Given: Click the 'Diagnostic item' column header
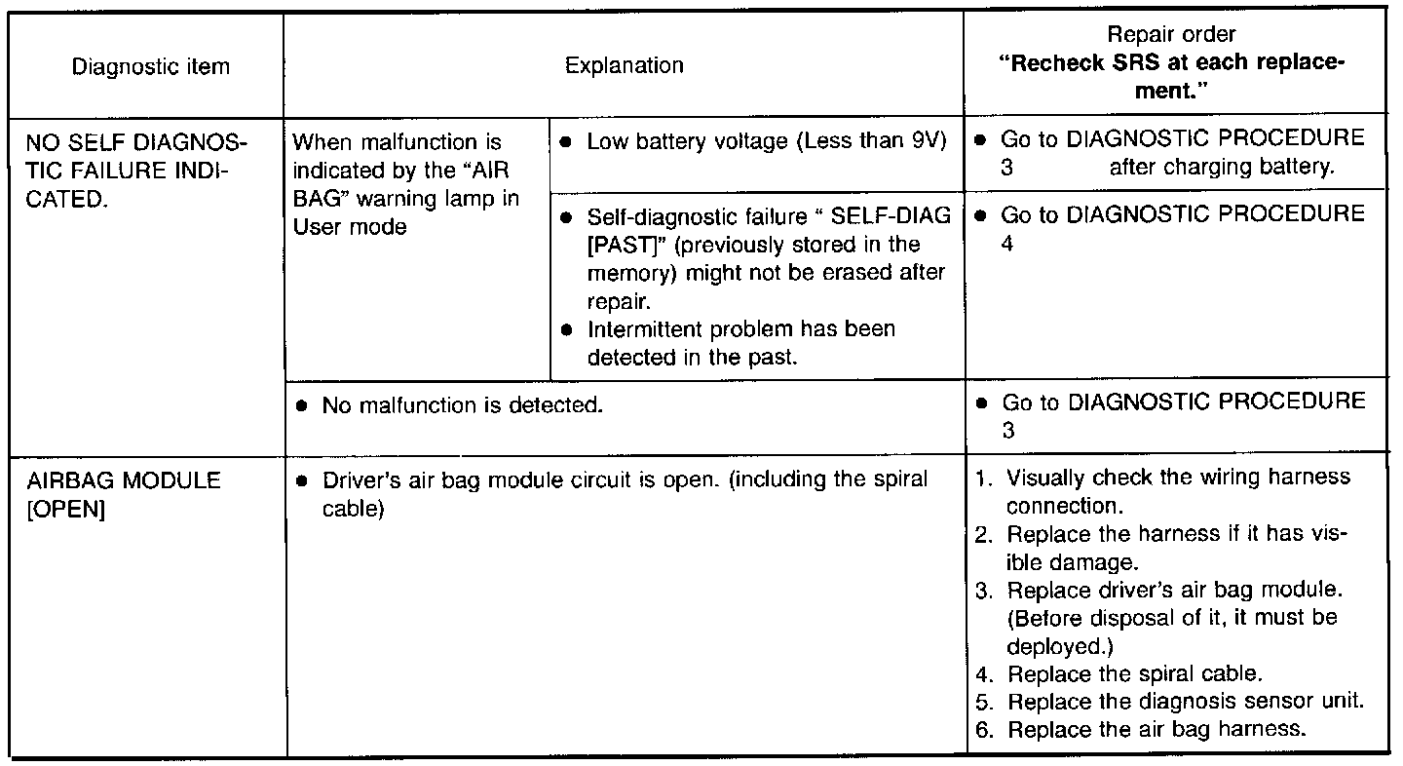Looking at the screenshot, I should point(151,67).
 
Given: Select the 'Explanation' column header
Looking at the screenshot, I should point(625,66).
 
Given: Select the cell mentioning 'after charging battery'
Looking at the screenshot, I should point(1220,167).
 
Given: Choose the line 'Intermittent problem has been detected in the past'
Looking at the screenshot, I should point(740,343).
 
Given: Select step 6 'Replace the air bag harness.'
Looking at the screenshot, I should point(1157,729).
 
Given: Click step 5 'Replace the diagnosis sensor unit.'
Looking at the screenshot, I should point(1184,702).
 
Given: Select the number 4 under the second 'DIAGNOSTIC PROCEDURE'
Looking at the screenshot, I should point(1007,243).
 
